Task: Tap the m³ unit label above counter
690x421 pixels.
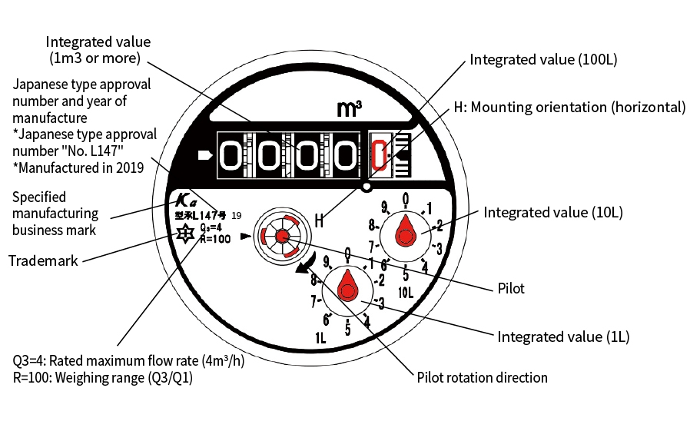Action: click(x=350, y=110)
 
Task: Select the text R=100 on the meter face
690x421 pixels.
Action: click(x=214, y=239)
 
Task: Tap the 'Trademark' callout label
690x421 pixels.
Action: click(x=43, y=260)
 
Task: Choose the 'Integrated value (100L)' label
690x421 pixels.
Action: click(x=544, y=59)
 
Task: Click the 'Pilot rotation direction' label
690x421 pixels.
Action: click(x=482, y=377)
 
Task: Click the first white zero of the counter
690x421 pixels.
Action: click(x=233, y=155)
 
